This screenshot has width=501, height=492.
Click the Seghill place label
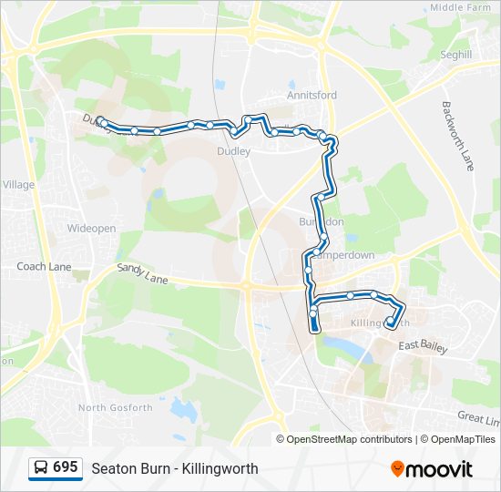coord(456,55)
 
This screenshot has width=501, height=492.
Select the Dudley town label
coord(233,151)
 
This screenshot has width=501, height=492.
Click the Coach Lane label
coord(45,267)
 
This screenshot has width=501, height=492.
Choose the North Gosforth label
coord(116,407)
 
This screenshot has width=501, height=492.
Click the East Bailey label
coord(421,344)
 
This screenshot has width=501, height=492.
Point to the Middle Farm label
coord(460,7)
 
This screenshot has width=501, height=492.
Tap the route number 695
coord(65,467)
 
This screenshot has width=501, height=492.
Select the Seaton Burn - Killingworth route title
coord(175,468)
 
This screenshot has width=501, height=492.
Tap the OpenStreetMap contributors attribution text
coord(349,439)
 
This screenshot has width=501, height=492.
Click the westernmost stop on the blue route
coord(102,122)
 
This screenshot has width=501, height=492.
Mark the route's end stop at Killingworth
coord(391,322)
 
